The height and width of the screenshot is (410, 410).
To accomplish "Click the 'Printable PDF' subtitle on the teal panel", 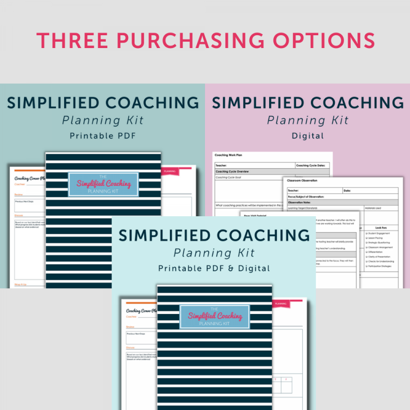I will (103, 136).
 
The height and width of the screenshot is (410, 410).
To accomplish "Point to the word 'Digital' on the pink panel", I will (307, 136).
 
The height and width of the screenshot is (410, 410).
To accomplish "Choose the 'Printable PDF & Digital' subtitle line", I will (214, 268).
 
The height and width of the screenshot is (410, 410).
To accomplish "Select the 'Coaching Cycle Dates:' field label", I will (312, 165).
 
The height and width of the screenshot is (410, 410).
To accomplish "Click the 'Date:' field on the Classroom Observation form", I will (348, 190).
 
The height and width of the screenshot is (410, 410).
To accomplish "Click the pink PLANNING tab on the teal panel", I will (170, 171).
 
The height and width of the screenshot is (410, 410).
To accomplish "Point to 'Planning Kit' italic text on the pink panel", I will (307, 120).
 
